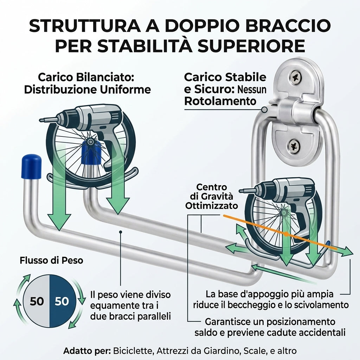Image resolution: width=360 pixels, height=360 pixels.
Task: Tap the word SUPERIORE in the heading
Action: point(252,46)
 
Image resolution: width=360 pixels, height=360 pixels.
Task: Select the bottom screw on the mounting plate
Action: point(294,146)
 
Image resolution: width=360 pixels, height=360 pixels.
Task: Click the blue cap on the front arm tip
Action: point(31,166)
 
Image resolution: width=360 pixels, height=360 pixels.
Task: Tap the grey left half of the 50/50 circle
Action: point(36,301)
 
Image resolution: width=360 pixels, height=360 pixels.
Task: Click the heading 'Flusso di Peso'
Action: point(51,261)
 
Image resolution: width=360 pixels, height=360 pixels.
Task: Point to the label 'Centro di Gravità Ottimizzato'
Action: point(211,196)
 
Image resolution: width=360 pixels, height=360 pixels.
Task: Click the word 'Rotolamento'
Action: point(220,101)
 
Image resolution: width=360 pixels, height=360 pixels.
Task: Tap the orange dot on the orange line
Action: point(286,234)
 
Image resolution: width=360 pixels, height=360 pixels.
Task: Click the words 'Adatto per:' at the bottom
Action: point(87,351)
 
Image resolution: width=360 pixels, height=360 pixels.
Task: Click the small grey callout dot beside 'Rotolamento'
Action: point(264,110)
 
